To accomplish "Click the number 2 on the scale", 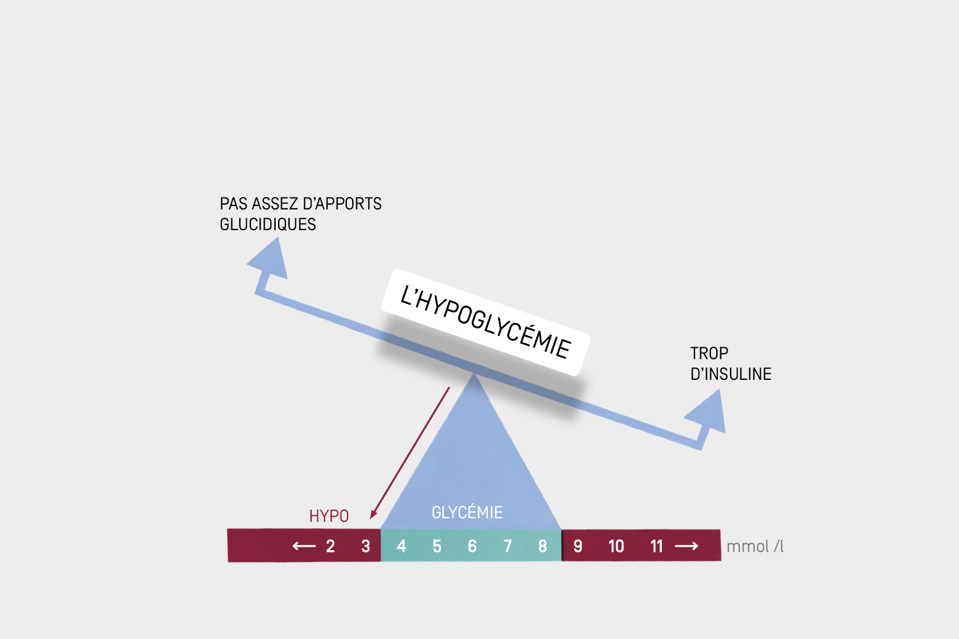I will pyautogui.click(x=330, y=546).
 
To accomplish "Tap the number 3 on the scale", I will pyautogui.click(x=366, y=546).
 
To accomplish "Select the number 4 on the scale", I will pyautogui.click(x=401, y=546).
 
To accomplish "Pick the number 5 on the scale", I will pyautogui.click(x=437, y=546).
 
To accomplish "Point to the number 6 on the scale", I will pyautogui.click(x=472, y=546).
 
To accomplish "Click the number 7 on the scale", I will pyautogui.click(x=507, y=546).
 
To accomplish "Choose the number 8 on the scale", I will pyautogui.click(x=542, y=546).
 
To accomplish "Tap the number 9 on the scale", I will pyautogui.click(x=578, y=546).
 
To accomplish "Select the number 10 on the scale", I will pyautogui.click(x=616, y=546).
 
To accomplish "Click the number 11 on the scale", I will pyautogui.click(x=657, y=546).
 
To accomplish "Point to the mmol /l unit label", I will pyautogui.click(x=755, y=546).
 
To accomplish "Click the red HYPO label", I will pyautogui.click(x=329, y=516).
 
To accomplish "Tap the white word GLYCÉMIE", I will pyautogui.click(x=467, y=512).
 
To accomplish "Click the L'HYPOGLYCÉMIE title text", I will pyautogui.click(x=485, y=322).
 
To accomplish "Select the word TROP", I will pyautogui.click(x=709, y=353).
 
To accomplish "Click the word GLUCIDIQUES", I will pyautogui.click(x=268, y=224).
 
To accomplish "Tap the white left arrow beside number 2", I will pyautogui.click(x=304, y=546).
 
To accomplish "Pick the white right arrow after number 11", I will pyautogui.click(x=687, y=546).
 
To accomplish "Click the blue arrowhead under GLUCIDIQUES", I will pyautogui.click(x=270, y=260).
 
